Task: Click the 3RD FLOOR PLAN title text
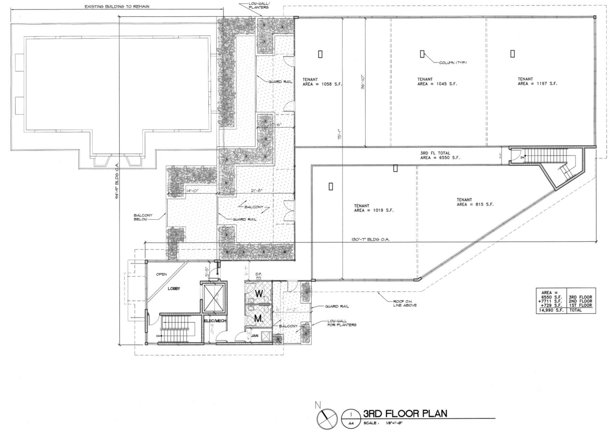pyautogui.click(x=405, y=414)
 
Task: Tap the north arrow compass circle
pyautogui.click(x=327, y=419)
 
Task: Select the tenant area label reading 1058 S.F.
pyautogui.click(x=322, y=82)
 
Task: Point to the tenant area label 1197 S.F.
pyautogui.click(x=537, y=81)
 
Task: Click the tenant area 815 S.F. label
pyautogui.click(x=475, y=202)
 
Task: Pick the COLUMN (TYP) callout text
pyautogui.click(x=452, y=63)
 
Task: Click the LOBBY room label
pyautogui.click(x=174, y=289)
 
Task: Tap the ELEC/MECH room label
pyautogui.click(x=215, y=321)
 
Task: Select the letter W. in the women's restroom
pyautogui.click(x=259, y=294)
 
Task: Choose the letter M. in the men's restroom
pyautogui.click(x=258, y=319)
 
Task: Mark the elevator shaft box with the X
pyautogui.click(x=214, y=298)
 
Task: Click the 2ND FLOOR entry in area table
pyautogui.click(x=580, y=301)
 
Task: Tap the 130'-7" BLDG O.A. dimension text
pyautogui.click(x=370, y=240)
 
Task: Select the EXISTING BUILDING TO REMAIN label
pyautogui.click(x=117, y=6)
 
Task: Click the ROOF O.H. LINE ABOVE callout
pyautogui.click(x=405, y=303)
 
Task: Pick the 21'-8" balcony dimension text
pyautogui.click(x=257, y=190)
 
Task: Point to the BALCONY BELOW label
pyautogui.click(x=143, y=217)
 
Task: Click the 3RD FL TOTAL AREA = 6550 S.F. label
pyautogui.click(x=439, y=155)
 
